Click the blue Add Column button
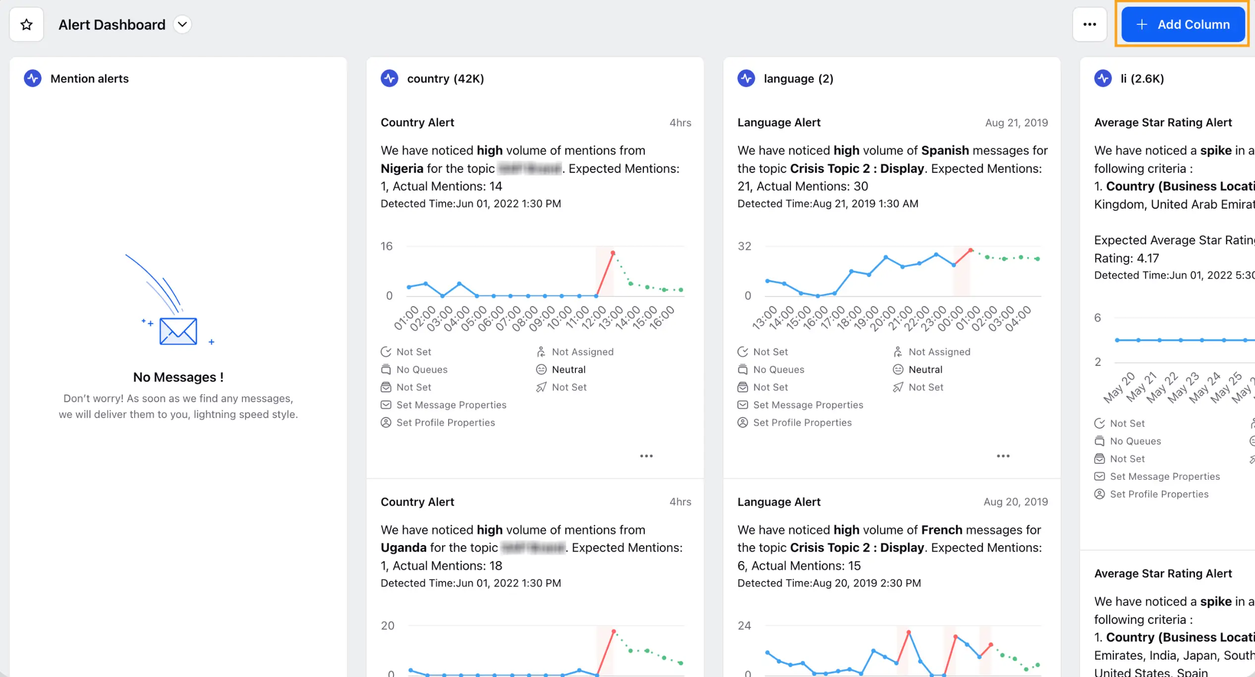[1183, 24]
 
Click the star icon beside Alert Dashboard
[27, 24]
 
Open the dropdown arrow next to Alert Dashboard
[182, 24]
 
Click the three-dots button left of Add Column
[1089, 24]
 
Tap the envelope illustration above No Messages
[178, 331]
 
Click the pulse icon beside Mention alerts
[33, 78]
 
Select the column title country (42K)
[445, 78]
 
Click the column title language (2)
[798, 78]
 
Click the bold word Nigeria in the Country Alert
[401, 169]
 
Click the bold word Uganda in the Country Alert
[403, 548]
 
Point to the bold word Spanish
[945, 150]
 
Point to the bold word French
[941, 530]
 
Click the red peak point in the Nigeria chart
[613, 253]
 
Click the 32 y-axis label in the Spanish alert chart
[744, 246]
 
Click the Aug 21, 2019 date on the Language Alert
[1016, 122]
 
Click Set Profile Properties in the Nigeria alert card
[445, 423]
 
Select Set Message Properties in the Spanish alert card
[807, 405]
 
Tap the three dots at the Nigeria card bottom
[646, 456]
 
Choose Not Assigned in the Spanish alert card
[939, 352]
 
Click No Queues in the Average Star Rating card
[1135, 441]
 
